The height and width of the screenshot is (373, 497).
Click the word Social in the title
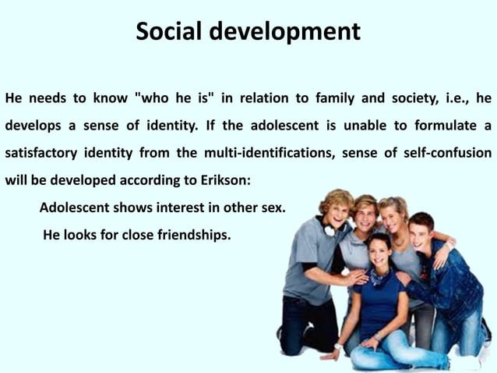pyautogui.click(x=167, y=32)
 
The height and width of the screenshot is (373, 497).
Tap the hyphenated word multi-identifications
pyautogui.click(x=267, y=151)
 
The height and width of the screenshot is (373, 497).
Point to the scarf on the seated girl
pyautogui.click(x=379, y=276)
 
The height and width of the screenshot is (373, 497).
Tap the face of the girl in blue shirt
pyautogui.click(x=379, y=253)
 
